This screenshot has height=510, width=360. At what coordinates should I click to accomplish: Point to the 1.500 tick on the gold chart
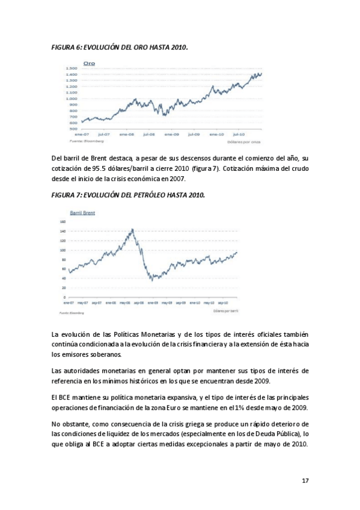tap(72, 69)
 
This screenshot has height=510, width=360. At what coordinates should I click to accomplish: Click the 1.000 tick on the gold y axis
tap(72, 99)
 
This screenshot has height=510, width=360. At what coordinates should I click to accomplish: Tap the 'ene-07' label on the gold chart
tap(82, 135)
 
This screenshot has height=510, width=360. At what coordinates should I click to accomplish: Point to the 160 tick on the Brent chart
tap(63, 221)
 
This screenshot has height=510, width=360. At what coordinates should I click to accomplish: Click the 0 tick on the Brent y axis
tap(64, 297)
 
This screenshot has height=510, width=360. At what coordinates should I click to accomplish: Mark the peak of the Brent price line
tap(132, 229)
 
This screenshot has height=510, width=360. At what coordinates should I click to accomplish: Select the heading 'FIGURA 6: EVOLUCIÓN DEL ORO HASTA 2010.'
tap(120, 47)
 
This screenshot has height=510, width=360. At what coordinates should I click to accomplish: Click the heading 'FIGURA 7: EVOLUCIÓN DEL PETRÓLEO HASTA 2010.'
tap(129, 195)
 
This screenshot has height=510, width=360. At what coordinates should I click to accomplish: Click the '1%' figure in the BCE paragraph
tap(233, 407)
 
